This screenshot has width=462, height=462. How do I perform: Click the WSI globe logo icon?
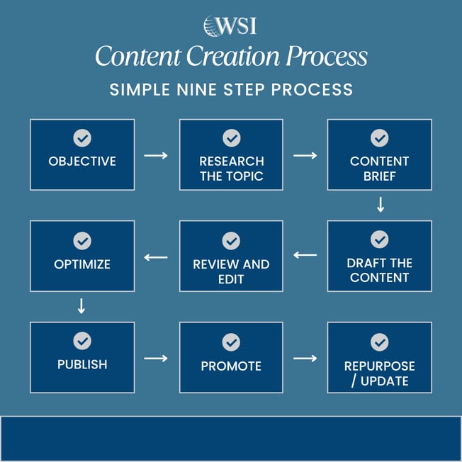click(212, 26)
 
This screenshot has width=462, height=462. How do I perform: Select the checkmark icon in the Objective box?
click(82, 138)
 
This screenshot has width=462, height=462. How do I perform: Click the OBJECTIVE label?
click(82, 162)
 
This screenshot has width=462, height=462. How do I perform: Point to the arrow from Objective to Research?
click(156, 154)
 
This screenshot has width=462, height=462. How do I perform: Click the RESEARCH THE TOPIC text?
click(231, 169)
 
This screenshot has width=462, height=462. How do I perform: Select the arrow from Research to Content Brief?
click(305, 154)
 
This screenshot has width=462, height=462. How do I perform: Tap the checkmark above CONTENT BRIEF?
click(379, 138)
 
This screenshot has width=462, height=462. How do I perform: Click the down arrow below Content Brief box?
click(380, 205)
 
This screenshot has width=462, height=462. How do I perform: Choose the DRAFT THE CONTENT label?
click(379, 270)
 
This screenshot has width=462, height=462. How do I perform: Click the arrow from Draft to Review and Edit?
click(305, 255)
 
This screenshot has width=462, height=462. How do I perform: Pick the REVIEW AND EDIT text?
click(231, 271)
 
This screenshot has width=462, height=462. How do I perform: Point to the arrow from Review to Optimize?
click(156, 257)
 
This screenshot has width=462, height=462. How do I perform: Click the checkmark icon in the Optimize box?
click(82, 240)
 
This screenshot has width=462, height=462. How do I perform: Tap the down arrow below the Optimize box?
click(81, 306)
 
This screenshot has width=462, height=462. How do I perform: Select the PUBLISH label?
click(82, 365)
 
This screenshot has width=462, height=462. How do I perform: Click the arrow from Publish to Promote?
click(156, 358)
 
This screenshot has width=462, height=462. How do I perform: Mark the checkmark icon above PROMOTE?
click(231, 342)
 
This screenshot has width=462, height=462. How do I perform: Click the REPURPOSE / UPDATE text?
click(379, 373)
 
